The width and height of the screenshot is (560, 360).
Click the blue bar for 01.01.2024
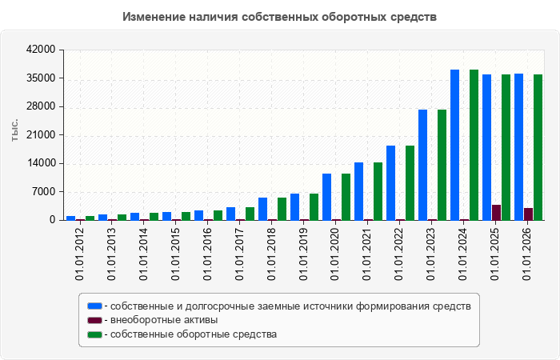[x=454, y=145]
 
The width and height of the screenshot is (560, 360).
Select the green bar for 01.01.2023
[x=442, y=165]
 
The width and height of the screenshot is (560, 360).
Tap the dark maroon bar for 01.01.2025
[x=496, y=213]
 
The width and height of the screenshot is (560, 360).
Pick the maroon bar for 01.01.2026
[x=528, y=214]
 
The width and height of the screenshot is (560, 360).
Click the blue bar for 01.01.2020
[x=326, y=197]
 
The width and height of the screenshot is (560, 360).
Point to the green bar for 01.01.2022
[x=410, y=183]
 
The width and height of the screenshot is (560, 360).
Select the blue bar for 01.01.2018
[x=263, y=209]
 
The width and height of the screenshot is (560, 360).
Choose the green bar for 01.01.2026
[x=538, y=147]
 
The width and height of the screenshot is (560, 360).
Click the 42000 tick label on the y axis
[x=41, y=50]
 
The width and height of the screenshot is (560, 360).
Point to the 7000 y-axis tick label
[x=45, y=192]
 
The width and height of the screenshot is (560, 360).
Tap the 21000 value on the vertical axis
[x=41, y=135]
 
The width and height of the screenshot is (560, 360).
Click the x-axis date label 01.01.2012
[x=79, y=254]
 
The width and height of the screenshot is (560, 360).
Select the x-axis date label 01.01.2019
[x=303, y=254]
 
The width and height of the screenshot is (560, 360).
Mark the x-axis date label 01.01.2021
[x=367, y=254]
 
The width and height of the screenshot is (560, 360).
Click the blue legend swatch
[x=94, y=306]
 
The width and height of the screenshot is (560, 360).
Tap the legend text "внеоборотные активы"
[x=164, y=320]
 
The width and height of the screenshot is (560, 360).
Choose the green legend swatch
[x=94, y=334]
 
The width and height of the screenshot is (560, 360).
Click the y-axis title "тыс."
[x=14, y=130]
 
